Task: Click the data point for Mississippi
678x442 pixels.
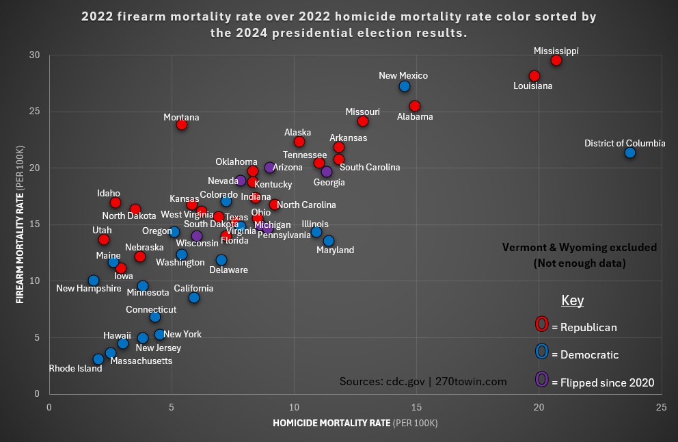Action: tap(556, 60)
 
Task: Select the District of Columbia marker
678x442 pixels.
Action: tap(630, 152)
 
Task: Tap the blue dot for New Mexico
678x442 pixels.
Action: tap(405, 86)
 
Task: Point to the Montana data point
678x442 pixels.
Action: tap(182, 125)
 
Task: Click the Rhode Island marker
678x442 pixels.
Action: tap(98, 359)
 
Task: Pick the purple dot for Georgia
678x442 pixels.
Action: tap(327, 171)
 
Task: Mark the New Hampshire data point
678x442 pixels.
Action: tap(94, 281)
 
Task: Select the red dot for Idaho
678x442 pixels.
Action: tap(116, 203)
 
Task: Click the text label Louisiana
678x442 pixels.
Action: tap(533, 86)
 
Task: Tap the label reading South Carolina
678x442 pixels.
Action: tap(370, 167)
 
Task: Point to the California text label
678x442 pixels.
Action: tap(193, 288)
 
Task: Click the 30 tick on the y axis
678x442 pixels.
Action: tap(34, 55)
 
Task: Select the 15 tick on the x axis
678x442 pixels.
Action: tap(416, 406)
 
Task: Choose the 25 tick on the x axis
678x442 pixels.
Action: tap(661, 406)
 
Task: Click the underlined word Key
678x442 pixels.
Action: tap(572, 300)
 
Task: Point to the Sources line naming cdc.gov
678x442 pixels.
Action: tap(423, 381)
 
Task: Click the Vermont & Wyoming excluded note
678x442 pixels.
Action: tap(580, 254)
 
